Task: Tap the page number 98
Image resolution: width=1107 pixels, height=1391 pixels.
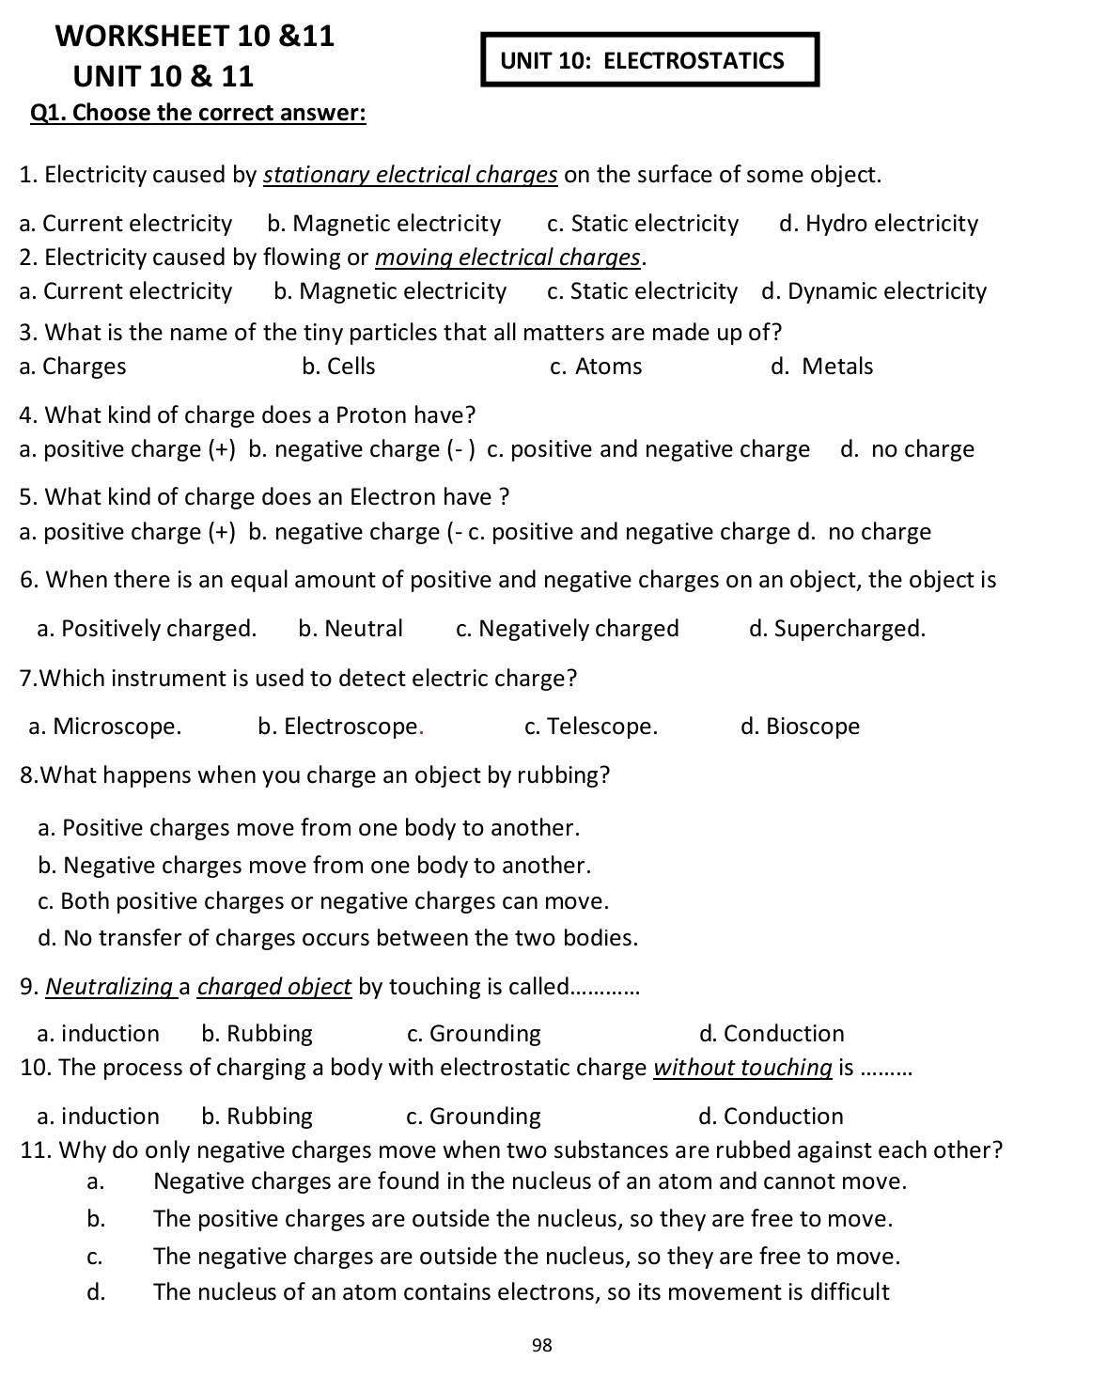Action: [x=542, y=1345]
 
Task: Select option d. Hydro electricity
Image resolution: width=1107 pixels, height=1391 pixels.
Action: [x=879, y=224]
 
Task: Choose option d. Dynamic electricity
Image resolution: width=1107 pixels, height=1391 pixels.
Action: [x=874, y=291]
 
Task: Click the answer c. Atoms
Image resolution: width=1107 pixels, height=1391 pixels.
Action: [x=596, y=367]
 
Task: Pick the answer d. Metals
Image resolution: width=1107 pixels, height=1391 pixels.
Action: [x=822, y=367]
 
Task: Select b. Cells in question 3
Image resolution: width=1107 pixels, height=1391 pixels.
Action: [x=338, y=367]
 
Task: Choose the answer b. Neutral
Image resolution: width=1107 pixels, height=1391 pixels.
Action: [x=351, y=629]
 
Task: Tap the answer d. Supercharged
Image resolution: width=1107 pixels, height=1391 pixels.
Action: [x=837, y=629]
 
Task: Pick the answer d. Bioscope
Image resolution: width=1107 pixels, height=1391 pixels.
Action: [x=800, y=727]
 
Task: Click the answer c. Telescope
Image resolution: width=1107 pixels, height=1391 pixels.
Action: [x=591, y=727]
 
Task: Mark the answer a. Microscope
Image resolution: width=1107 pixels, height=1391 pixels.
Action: [x=105, y=727]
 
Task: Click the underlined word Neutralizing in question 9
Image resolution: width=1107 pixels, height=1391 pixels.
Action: [x=109, y=987]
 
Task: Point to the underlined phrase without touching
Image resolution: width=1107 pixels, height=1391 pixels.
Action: [x=742, y=1068]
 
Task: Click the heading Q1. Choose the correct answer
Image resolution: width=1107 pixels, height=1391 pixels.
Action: [x=198, y=114]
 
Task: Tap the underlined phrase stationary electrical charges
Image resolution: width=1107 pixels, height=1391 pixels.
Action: [x=410, y=176]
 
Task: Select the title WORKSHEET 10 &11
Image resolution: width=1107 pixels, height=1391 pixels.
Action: [x=195, y=37]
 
